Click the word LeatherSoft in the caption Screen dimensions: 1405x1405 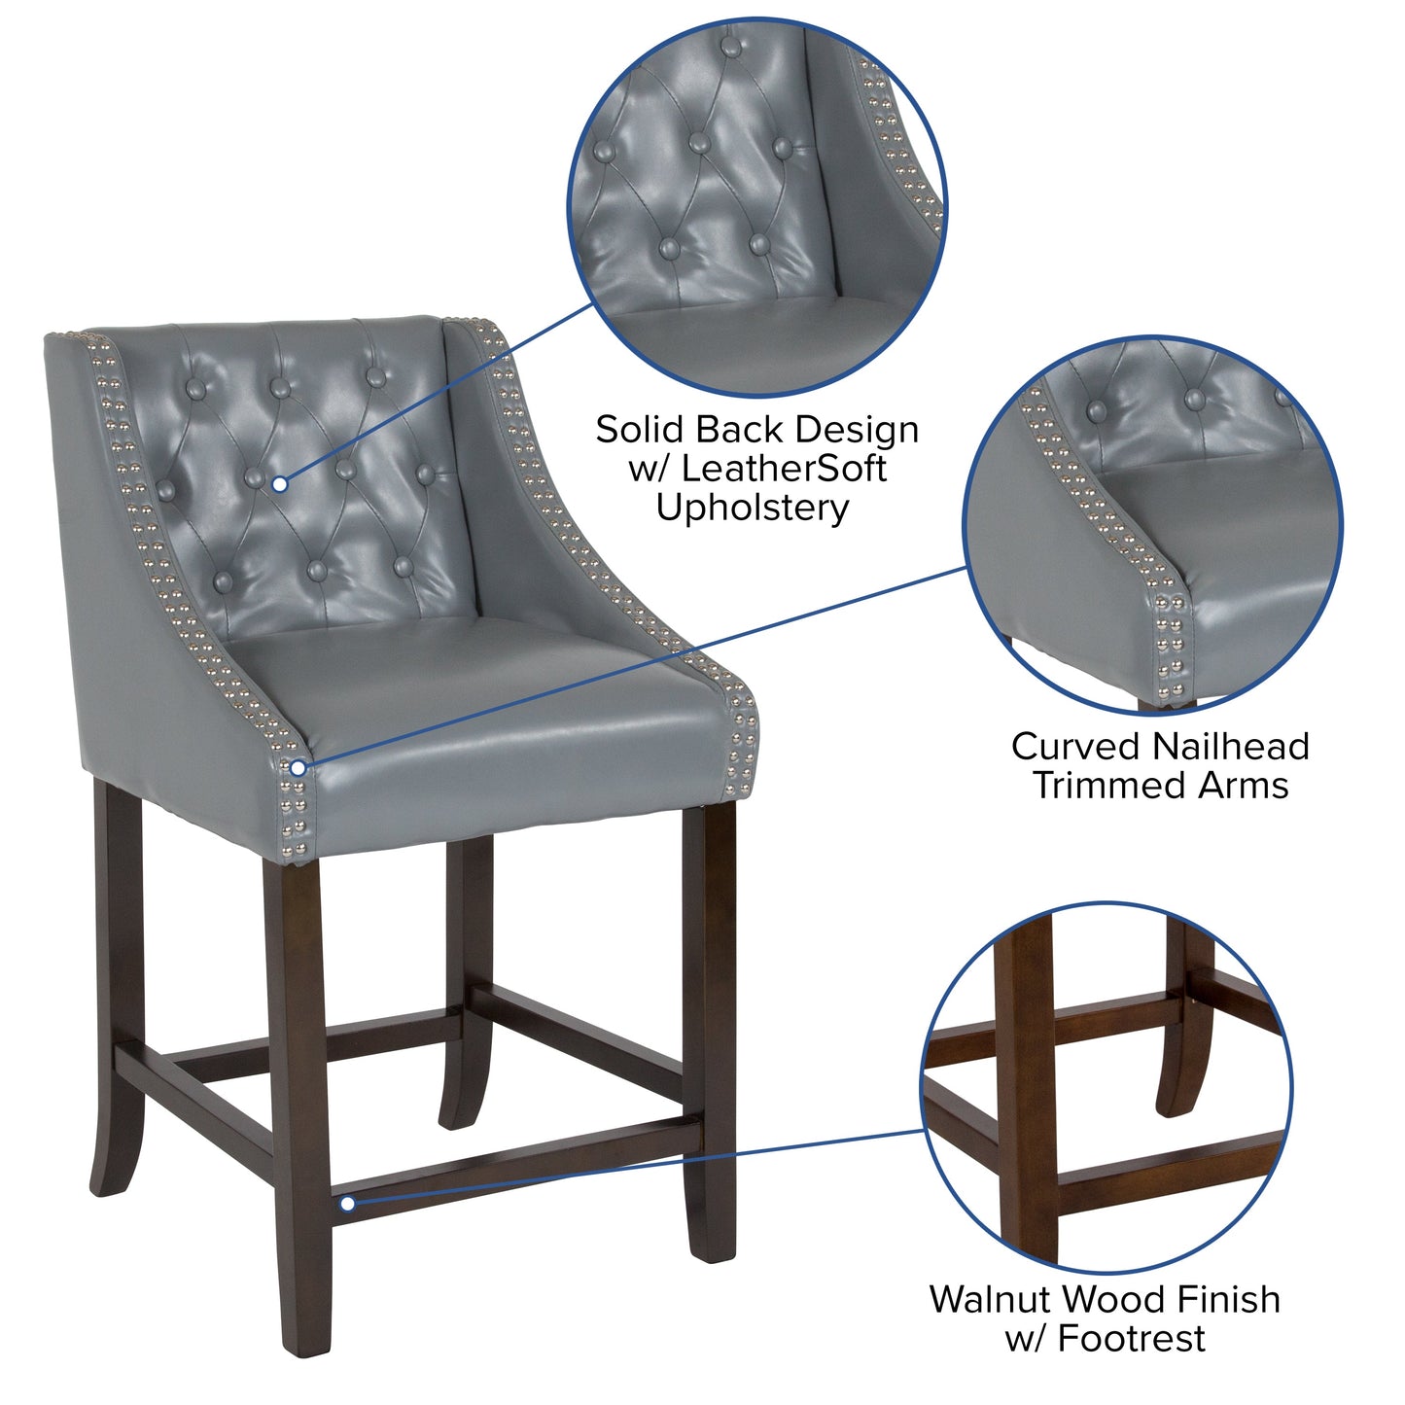[x=784, y=469]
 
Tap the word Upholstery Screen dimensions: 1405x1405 [x=752, y=508]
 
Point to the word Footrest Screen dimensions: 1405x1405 [x=1131, y=1338]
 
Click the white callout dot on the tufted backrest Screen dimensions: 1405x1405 [x=279, y=483]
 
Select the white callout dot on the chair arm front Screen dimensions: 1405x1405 [x=299, y=768]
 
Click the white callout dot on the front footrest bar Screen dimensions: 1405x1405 [x=347, y=1204]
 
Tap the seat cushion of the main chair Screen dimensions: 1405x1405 [x=486, y=700]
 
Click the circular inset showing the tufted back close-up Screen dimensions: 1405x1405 [x=755, y=208]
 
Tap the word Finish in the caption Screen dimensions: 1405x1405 [x=1228, y=1299]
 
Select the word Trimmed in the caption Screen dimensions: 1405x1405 [x=1107, y=786]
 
